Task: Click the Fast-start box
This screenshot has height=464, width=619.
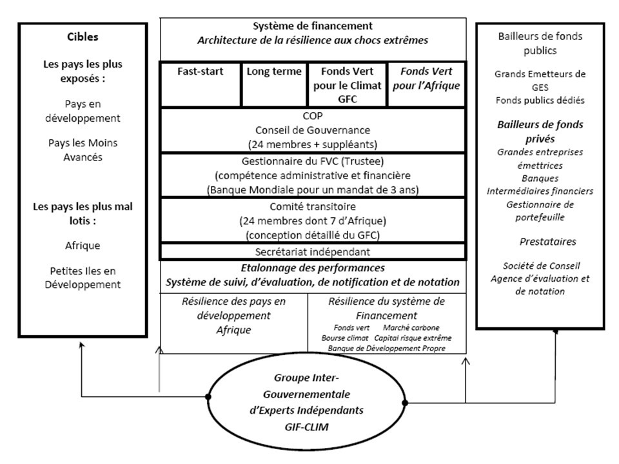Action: (200, 84)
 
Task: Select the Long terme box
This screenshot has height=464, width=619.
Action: (275, 84)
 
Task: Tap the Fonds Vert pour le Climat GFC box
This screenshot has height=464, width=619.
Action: (348, 84)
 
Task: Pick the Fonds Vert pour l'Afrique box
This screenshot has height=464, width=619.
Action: (426, 84)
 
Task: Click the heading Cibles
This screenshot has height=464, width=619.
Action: (83, 37)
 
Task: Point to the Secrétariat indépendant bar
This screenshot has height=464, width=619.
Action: (313, 251)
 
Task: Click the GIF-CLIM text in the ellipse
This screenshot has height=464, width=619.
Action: (306, 427)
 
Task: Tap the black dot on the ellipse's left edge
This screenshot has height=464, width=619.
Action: (208, 396)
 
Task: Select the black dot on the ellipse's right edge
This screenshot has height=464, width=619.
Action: (405, 403)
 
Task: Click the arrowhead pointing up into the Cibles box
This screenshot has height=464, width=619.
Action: (82, 345)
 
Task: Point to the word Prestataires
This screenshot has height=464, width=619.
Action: (547, 242)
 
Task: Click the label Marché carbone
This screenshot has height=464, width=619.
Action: (411, 327)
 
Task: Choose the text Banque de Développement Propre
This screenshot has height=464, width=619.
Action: (386, 349)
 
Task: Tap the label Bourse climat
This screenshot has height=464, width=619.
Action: (344, 338)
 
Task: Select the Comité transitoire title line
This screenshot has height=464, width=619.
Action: (313, 206)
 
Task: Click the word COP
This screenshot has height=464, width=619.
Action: (313, 115)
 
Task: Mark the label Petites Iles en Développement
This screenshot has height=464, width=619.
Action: (83, 278)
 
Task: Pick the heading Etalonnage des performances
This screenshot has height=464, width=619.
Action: (313, 268)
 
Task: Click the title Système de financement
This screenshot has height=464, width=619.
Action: (313, 26)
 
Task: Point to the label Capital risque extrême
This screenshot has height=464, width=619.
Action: (413, 338)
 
